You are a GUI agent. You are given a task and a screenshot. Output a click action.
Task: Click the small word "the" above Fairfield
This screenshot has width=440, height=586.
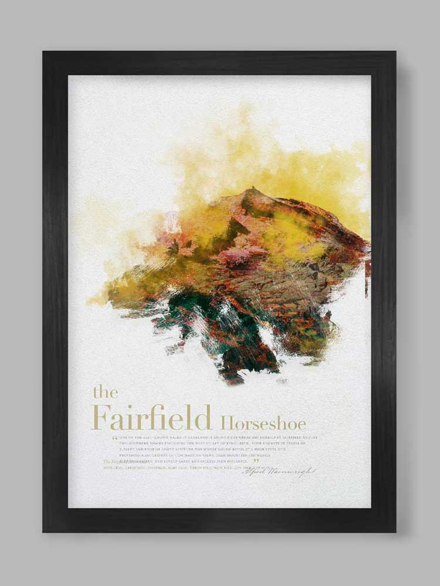tap(106, 392)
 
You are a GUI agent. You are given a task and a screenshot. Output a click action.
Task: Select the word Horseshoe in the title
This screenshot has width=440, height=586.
tap(263, 422)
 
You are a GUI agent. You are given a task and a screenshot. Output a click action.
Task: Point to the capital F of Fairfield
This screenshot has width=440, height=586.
tap(101, 417)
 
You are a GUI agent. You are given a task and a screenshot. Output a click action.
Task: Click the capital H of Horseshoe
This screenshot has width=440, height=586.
tap(226, 422)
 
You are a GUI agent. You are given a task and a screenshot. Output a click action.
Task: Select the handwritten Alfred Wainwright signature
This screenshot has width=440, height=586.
tap(279, 471)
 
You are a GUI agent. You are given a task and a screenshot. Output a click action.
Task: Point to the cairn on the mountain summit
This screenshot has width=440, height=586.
tap(253, 190)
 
